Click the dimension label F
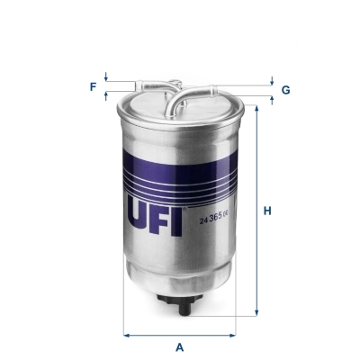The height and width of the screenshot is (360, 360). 93,86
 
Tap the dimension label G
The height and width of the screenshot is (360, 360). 285,90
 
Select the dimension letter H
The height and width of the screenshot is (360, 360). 266,212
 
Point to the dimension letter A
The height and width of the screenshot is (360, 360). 180,347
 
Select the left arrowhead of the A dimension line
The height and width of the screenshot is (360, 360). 126,336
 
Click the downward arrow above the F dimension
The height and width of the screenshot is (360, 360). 106,77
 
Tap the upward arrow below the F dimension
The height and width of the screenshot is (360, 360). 106,94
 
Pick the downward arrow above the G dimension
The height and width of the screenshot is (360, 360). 271,82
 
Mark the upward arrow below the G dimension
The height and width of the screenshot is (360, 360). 271,99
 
